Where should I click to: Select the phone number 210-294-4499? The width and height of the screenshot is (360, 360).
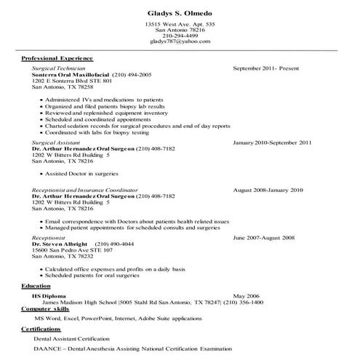click(180, 36)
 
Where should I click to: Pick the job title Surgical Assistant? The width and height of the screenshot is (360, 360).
click(57, 143)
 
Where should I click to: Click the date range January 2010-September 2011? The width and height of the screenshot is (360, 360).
click(272, 143)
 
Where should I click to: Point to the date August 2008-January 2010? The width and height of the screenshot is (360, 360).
click(268, 191)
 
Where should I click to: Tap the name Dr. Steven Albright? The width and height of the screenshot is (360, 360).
click(60, 244)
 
